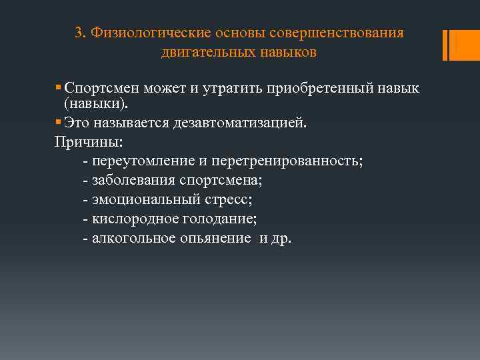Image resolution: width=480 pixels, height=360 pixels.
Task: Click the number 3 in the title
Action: (79, 33)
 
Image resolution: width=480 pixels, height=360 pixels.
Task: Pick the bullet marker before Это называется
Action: (59, 124)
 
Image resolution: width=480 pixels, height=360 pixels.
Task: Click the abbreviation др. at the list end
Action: (281, 238)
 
